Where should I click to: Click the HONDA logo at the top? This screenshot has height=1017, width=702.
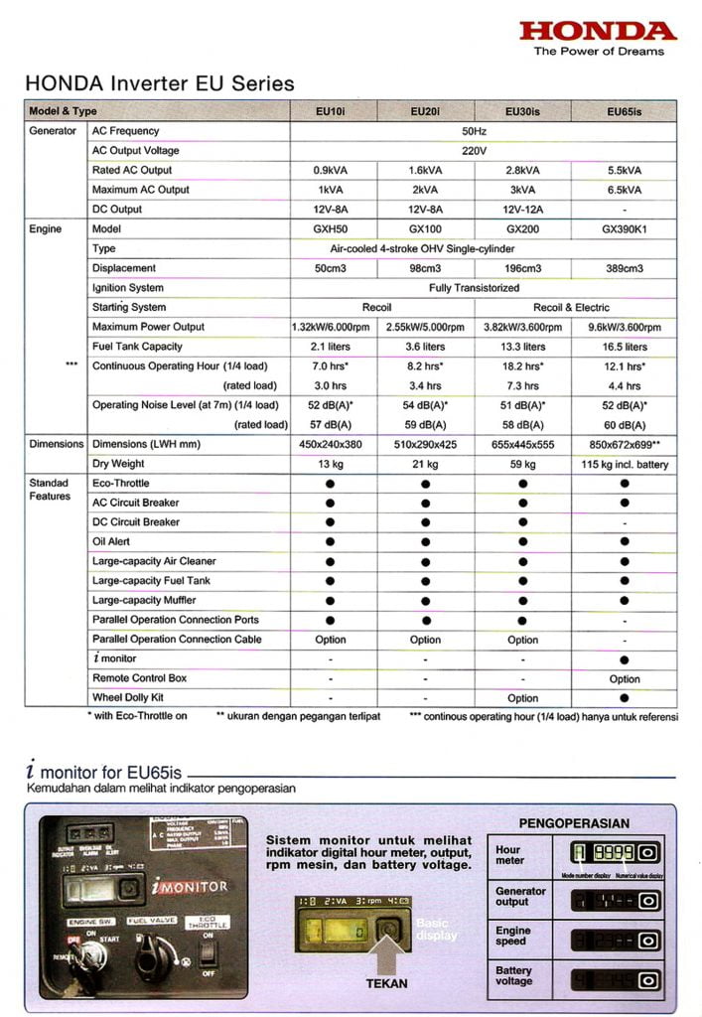[x=598, y=30]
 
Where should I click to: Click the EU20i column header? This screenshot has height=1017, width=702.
[x=425, y=111]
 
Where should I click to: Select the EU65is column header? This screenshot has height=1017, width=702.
[x=625, y=111]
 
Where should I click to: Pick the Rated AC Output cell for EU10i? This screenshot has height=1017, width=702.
[x=330, y=170]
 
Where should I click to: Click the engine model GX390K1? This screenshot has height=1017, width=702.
[x=625, y=228]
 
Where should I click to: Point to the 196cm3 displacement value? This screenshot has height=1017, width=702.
[x=523, y=268]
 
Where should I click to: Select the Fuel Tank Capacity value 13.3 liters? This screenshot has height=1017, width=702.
[x=523, y=347]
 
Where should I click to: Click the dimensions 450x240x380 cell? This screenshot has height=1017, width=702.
[x=330, y=444]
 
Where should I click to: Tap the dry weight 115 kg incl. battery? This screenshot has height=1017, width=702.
[x=625, y=464]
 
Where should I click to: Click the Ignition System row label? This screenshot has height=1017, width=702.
[x=127, y=288]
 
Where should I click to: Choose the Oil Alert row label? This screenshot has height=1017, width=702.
[x=112, y=541]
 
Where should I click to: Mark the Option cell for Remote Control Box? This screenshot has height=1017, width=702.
[x=625, y=678]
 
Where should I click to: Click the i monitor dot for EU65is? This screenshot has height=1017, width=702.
[x=625, y=658]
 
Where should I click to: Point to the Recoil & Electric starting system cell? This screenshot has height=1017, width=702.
[x=572, y=308]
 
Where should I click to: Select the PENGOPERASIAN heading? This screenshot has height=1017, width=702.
[x=574, y=823]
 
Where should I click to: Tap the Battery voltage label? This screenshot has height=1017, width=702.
[x=513, y=975]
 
